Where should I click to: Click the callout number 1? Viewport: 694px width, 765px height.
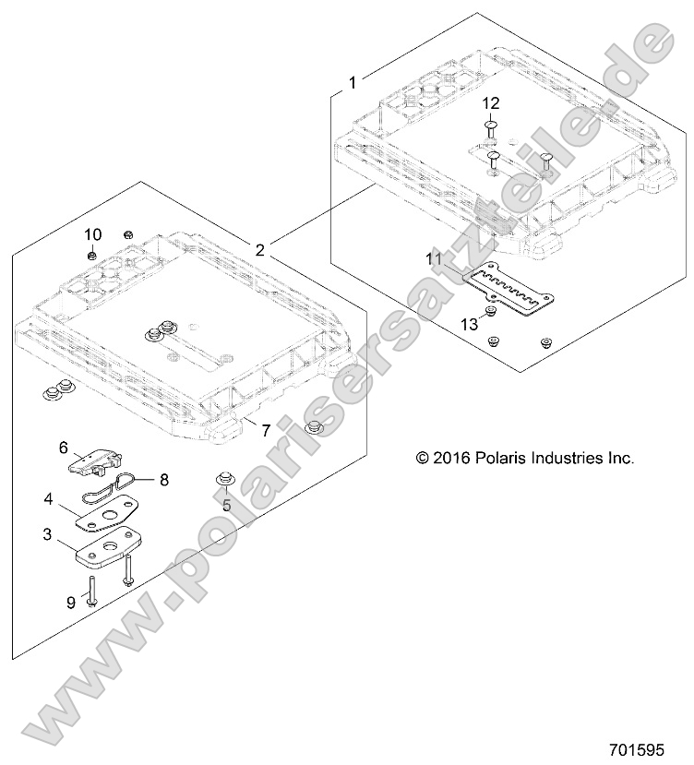click(x=353, y=82)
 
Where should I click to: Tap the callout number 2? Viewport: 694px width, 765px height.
click(x=260, y=249)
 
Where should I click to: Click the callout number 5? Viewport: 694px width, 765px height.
click(x=225, y=505)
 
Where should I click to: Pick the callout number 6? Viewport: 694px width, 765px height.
click(x=65, y=448)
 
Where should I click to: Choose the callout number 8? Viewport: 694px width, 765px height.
click(x=164, y=479)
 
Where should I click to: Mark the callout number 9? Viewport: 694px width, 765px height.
click(x=71, y=604)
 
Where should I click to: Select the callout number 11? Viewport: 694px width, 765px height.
click(x=434, y=260)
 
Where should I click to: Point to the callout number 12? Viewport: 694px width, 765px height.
click(x=490, y=102)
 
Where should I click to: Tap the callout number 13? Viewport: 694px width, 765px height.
click(x=470, y=323)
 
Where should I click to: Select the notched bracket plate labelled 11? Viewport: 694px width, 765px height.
click(x=510, y=289)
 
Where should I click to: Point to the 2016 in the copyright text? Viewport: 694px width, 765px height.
click(x=452, y=457)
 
